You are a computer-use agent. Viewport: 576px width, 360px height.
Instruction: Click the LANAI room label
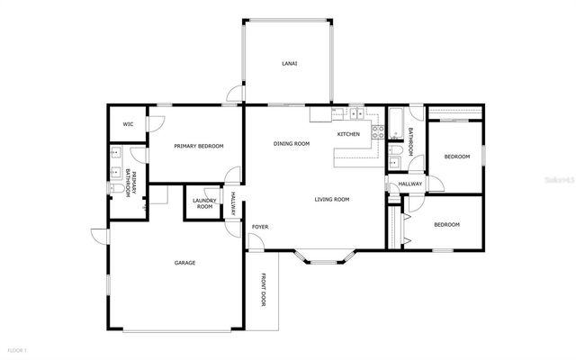click(289, 64)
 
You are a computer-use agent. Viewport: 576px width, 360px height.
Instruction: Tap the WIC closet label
click(129, 124)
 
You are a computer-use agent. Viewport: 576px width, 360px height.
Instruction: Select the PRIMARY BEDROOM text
click(198, 146)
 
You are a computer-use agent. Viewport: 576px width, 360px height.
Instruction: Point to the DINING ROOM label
click(292, 144)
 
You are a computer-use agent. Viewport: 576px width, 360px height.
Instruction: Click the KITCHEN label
click(348, 134)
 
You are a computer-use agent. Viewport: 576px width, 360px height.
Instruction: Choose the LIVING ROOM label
click(331, 199)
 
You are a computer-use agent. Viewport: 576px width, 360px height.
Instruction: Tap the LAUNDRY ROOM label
click(204, 203)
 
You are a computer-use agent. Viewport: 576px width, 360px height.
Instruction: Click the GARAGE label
click(184, 263)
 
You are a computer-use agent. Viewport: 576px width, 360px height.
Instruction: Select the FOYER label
click(260, 227)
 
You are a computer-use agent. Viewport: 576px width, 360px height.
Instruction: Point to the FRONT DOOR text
click(264, 289)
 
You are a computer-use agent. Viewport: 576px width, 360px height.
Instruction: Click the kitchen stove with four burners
click(379, 131)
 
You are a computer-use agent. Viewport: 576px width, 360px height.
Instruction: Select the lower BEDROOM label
click(446, 224)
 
